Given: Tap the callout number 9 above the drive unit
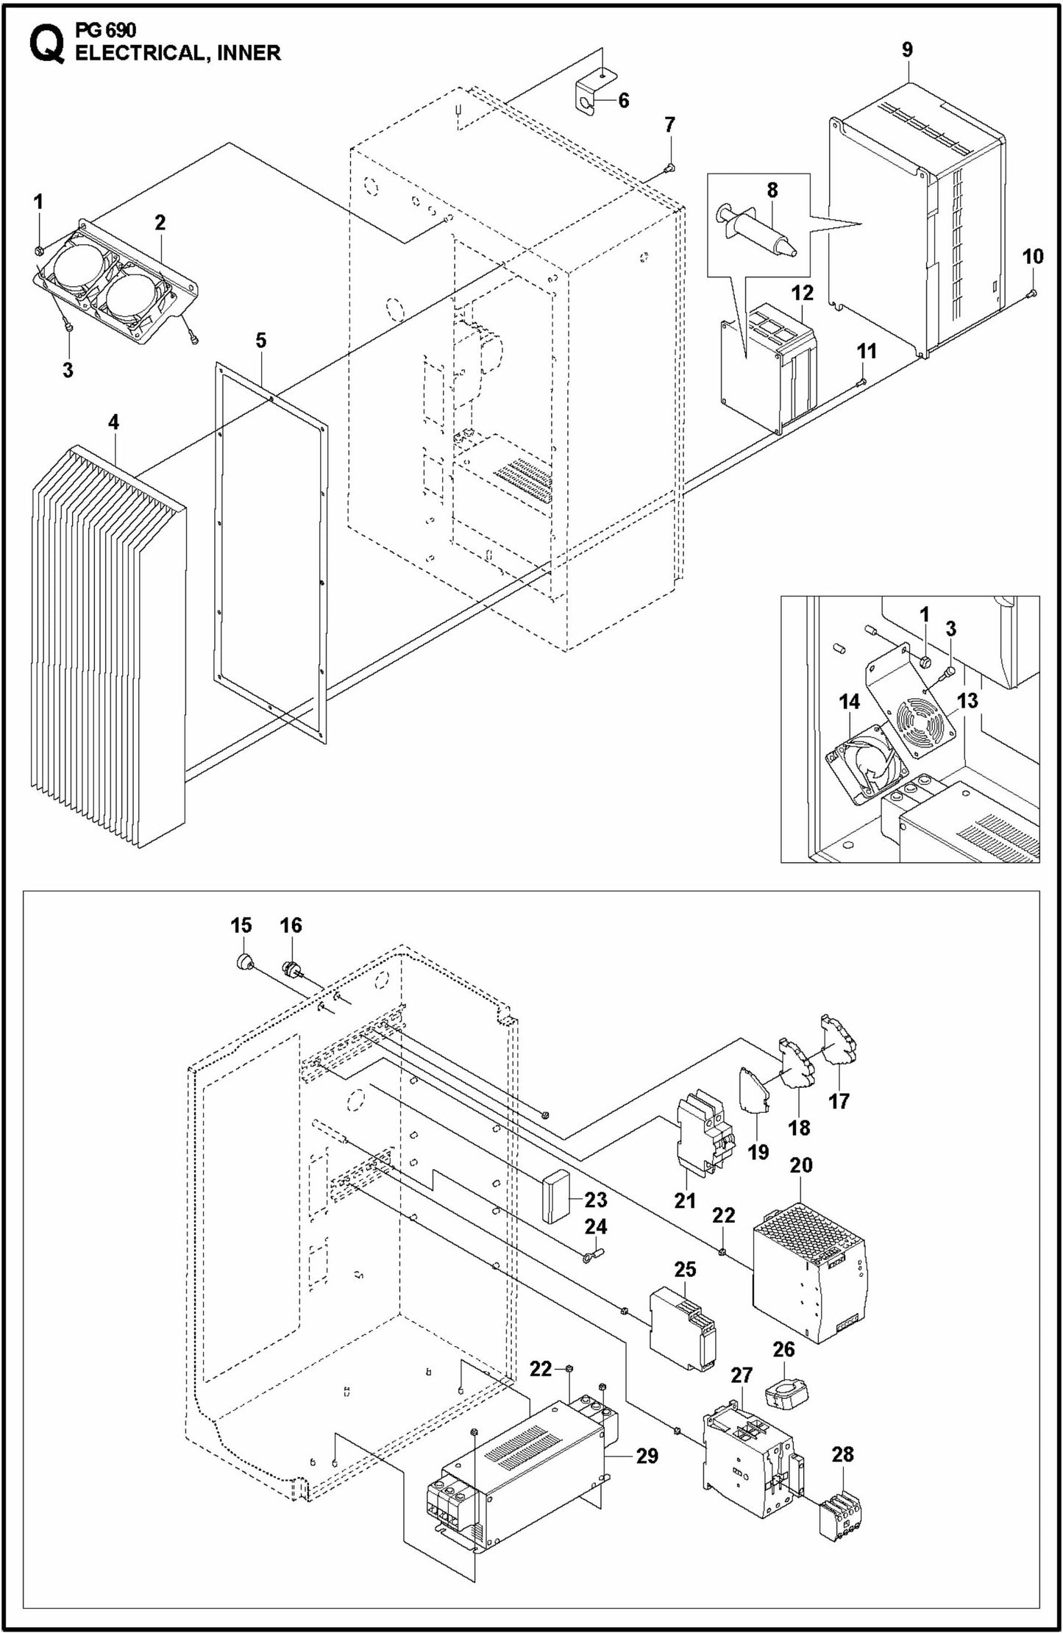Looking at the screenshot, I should coord(907,49).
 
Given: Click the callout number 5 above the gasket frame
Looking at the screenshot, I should coord(261,341).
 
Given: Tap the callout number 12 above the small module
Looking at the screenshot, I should coord(803,293).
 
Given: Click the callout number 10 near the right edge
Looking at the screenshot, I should coord(1033,257).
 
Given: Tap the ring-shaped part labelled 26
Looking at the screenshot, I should coord(784,1395).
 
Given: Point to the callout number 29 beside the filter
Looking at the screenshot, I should coord(647,1455).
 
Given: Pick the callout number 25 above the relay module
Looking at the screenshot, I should coord(685,1270).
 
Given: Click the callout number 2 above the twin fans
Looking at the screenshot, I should coord(160,222).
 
